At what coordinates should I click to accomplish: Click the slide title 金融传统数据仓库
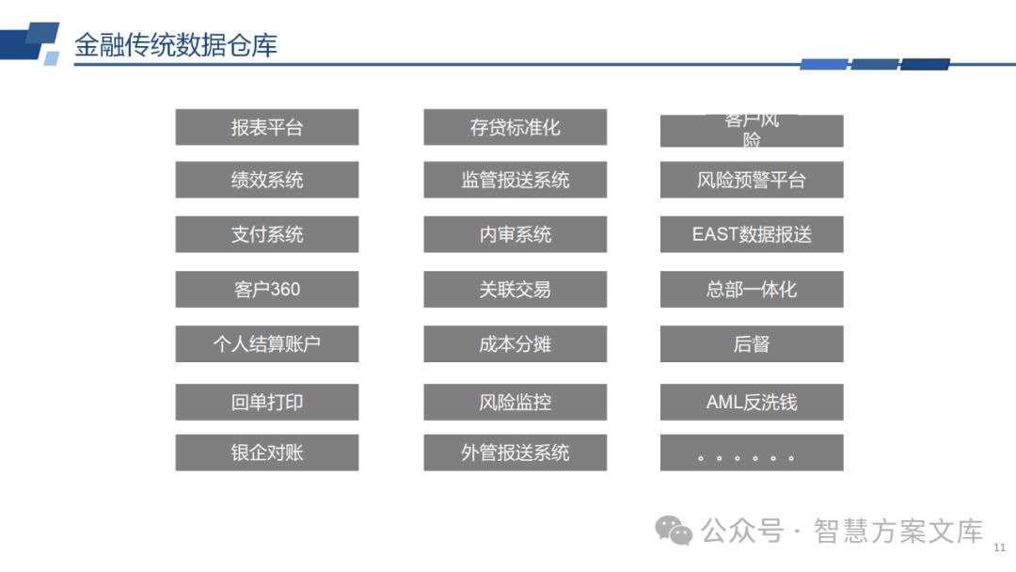(176, 45)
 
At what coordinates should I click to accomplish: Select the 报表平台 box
(267, 127)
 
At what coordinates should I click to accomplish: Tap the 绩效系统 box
(267, 180)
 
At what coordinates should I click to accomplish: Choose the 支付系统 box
(267, 234)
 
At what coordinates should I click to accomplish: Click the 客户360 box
(267, 289)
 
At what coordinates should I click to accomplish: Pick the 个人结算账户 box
(267, 343)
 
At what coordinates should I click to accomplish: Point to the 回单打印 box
(267, 402)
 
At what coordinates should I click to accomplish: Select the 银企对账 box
(267, 453)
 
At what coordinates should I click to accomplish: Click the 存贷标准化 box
(515, 127)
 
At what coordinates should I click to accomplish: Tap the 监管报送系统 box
(515, 180)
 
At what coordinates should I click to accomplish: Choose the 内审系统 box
(515, 234)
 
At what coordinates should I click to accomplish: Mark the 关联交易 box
(515, 289)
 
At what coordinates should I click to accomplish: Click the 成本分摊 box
(515, 343)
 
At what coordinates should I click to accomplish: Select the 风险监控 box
(515, 402)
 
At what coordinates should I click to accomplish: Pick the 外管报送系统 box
(515, 453)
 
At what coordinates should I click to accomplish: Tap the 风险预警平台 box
(752, 180)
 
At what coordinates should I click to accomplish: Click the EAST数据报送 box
(752, 234)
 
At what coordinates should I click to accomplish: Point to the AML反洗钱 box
(752, 402)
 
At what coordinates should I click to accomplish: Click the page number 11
(999, 547)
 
